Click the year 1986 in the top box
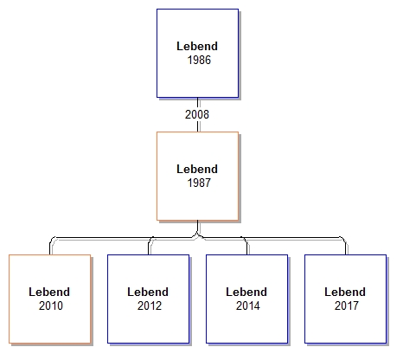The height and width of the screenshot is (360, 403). (x=199, y=60)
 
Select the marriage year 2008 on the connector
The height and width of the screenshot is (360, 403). (x=197, y=114)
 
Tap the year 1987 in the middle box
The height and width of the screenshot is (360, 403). (x=199, y=183)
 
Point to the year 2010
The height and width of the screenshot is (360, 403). (x=51, y=305)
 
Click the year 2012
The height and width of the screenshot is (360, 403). (x=150, y=305)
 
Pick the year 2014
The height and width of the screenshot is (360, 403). (x=248, y=305)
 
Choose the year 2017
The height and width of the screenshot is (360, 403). (x=347, y=305)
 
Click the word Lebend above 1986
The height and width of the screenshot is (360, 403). (x=197, y=47)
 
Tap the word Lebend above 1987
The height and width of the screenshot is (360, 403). (x=197, y=170)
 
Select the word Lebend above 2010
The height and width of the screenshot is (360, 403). (x=49, y=292)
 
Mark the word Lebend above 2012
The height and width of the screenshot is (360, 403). (x=148, y=292)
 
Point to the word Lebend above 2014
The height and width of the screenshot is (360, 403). (x=246, y=292)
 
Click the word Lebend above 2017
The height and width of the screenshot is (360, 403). (x=345, y=292)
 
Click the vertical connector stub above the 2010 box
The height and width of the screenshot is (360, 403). (x=50, y=248)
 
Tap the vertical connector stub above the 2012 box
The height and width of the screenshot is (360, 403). (x=149, y=248)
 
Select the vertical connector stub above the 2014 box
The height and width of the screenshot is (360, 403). (x=247, y=248)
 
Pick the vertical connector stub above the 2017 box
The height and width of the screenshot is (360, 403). (x=346, y=248)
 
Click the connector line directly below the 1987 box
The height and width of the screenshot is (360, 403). (x=198, y=227)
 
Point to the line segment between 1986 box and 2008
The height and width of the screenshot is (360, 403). (x=198, y=103)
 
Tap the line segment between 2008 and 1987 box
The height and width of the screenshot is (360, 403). (x=198, y=126)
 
